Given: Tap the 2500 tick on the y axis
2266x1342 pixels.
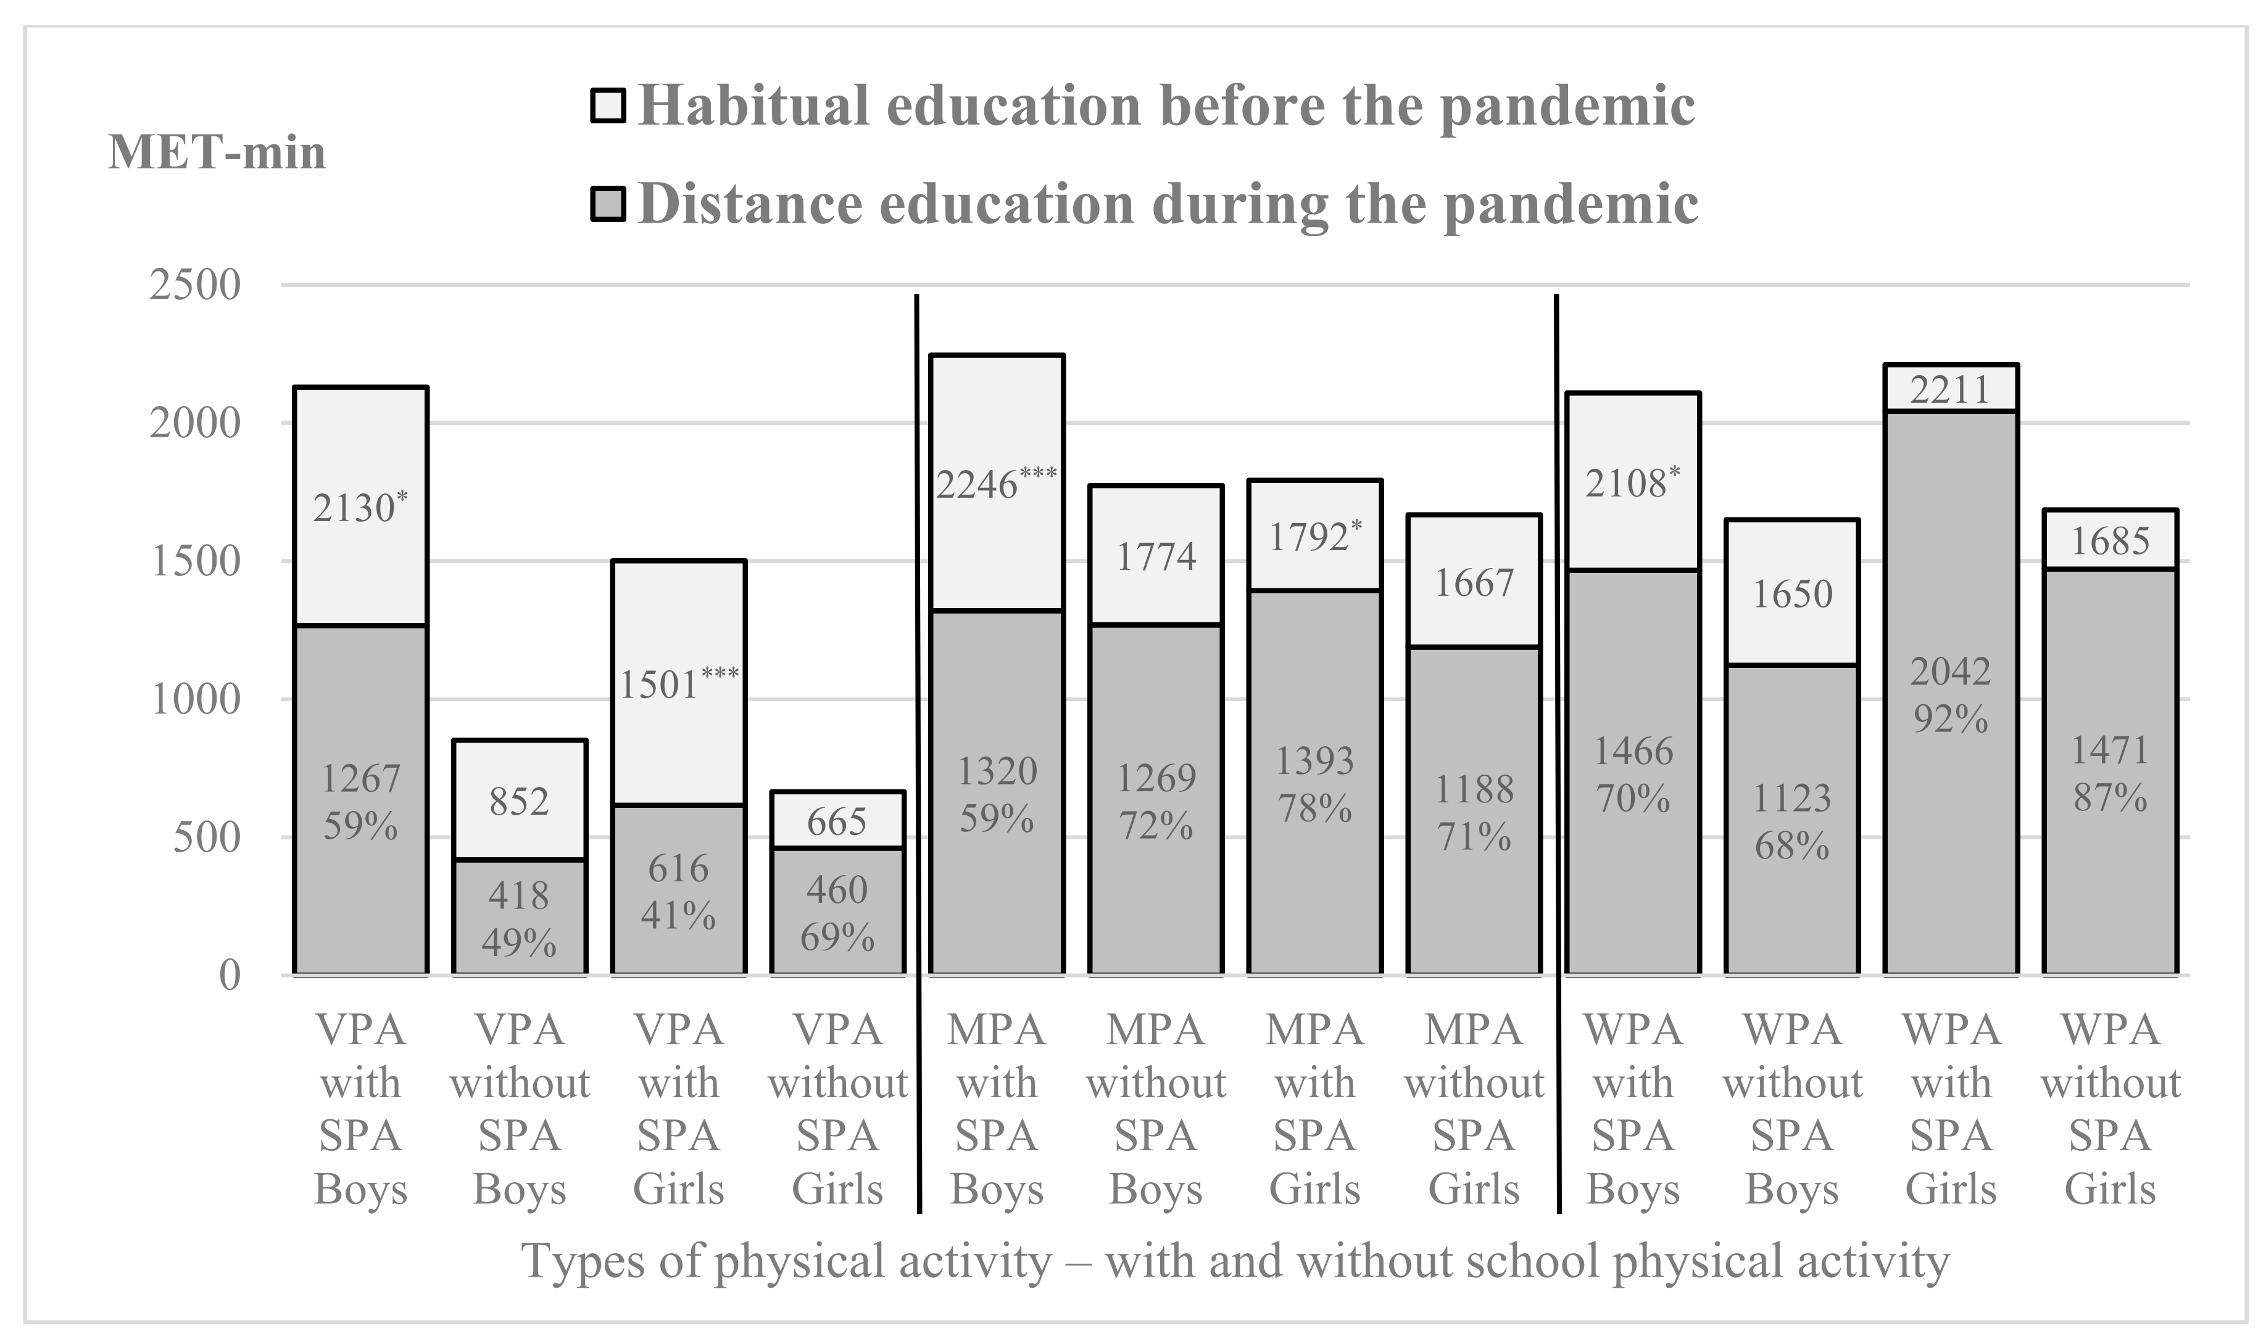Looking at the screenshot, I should pos(196,286).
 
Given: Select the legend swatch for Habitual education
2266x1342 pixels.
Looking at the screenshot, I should pos(607,106).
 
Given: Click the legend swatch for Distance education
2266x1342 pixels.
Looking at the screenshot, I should pos(607,204).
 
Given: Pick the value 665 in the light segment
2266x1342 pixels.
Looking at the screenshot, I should pos(837,821).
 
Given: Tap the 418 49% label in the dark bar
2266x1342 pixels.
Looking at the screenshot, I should pos(519,919).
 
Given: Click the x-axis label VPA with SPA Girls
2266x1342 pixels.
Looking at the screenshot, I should pos(678,1109).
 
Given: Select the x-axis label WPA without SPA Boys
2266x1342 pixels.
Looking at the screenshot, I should pos(1792,1109).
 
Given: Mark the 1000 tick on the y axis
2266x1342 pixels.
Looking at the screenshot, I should pos(196,700).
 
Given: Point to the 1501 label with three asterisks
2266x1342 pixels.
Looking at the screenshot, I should pos(678,684).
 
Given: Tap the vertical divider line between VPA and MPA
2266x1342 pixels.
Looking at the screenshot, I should pos(918,751).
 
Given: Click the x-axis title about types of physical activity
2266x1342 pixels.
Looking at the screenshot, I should pos(1235,1261).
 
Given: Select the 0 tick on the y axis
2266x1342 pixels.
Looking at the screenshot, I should pos(230,976).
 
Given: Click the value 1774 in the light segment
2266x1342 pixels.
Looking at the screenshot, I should pos(1155,556).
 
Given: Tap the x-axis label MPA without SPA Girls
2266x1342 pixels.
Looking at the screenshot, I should pos(1474,1109).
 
